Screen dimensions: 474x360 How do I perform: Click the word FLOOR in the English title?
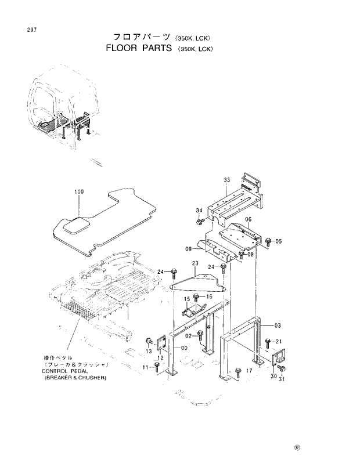tap(124, 49)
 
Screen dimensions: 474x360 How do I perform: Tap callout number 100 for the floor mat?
tap(79, 191)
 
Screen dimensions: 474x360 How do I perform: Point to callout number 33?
tap(227, 180)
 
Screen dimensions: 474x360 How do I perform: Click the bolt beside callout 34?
tap(200, 220)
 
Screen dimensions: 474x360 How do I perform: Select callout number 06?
tap(248, 220)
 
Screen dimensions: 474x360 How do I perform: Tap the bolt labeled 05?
tap(268, 241)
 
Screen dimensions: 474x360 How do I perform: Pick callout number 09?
tap(189, 249)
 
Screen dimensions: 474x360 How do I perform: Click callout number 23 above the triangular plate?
tap(195, 264)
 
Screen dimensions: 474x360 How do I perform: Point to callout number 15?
tap(187, 299)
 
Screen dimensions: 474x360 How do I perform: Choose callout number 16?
tap(210, 296)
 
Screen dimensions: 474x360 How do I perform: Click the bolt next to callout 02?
tap(200, 334)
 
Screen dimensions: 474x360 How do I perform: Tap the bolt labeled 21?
tap(267, 342)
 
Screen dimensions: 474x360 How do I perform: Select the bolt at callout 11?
tap(156, 366)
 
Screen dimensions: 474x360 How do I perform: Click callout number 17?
tap(249, 370)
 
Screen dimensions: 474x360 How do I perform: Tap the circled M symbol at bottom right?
tap(298, 448)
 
